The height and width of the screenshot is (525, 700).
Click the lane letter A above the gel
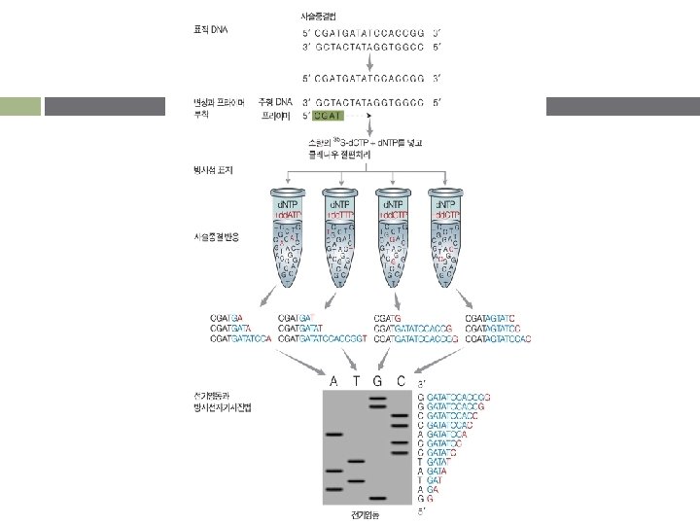pyautogui.click(x=335, y=381)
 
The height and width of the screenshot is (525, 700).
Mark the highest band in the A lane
pyautogui.click(x=334, y=434)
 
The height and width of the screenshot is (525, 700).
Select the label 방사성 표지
pyautogui.click(x=213, y=167)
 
